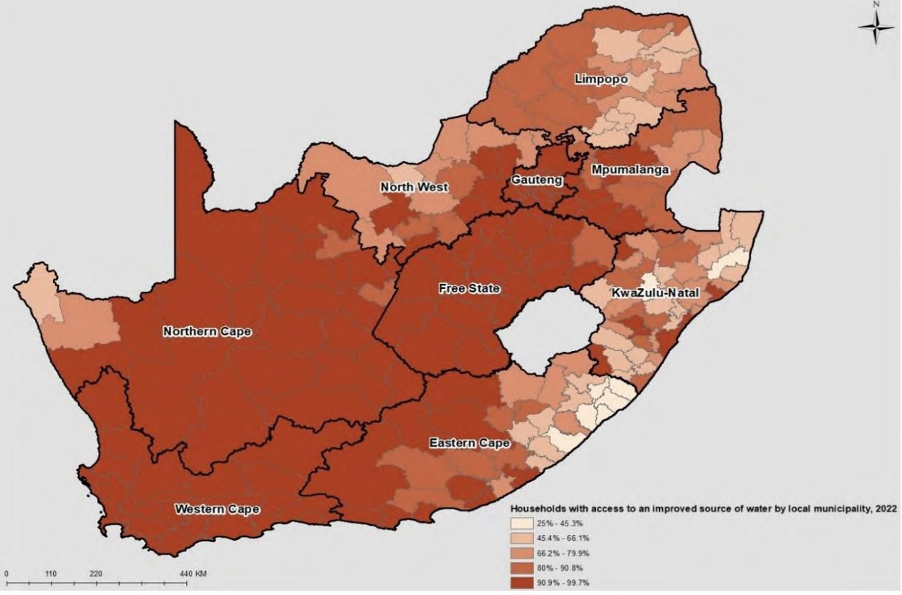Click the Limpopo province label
tap(601, 79)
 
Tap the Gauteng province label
tap(536, 180)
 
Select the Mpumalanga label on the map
tap(630, 170)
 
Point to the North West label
tap(414, 187)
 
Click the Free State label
tap(468, 289)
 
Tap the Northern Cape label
tap(207, 332)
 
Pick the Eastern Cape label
tap(470, 443)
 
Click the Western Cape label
tap(218, 509)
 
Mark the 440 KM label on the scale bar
tap(194, 574)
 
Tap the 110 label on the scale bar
tap(51, 574)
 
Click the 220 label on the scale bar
tap(97, 574)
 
